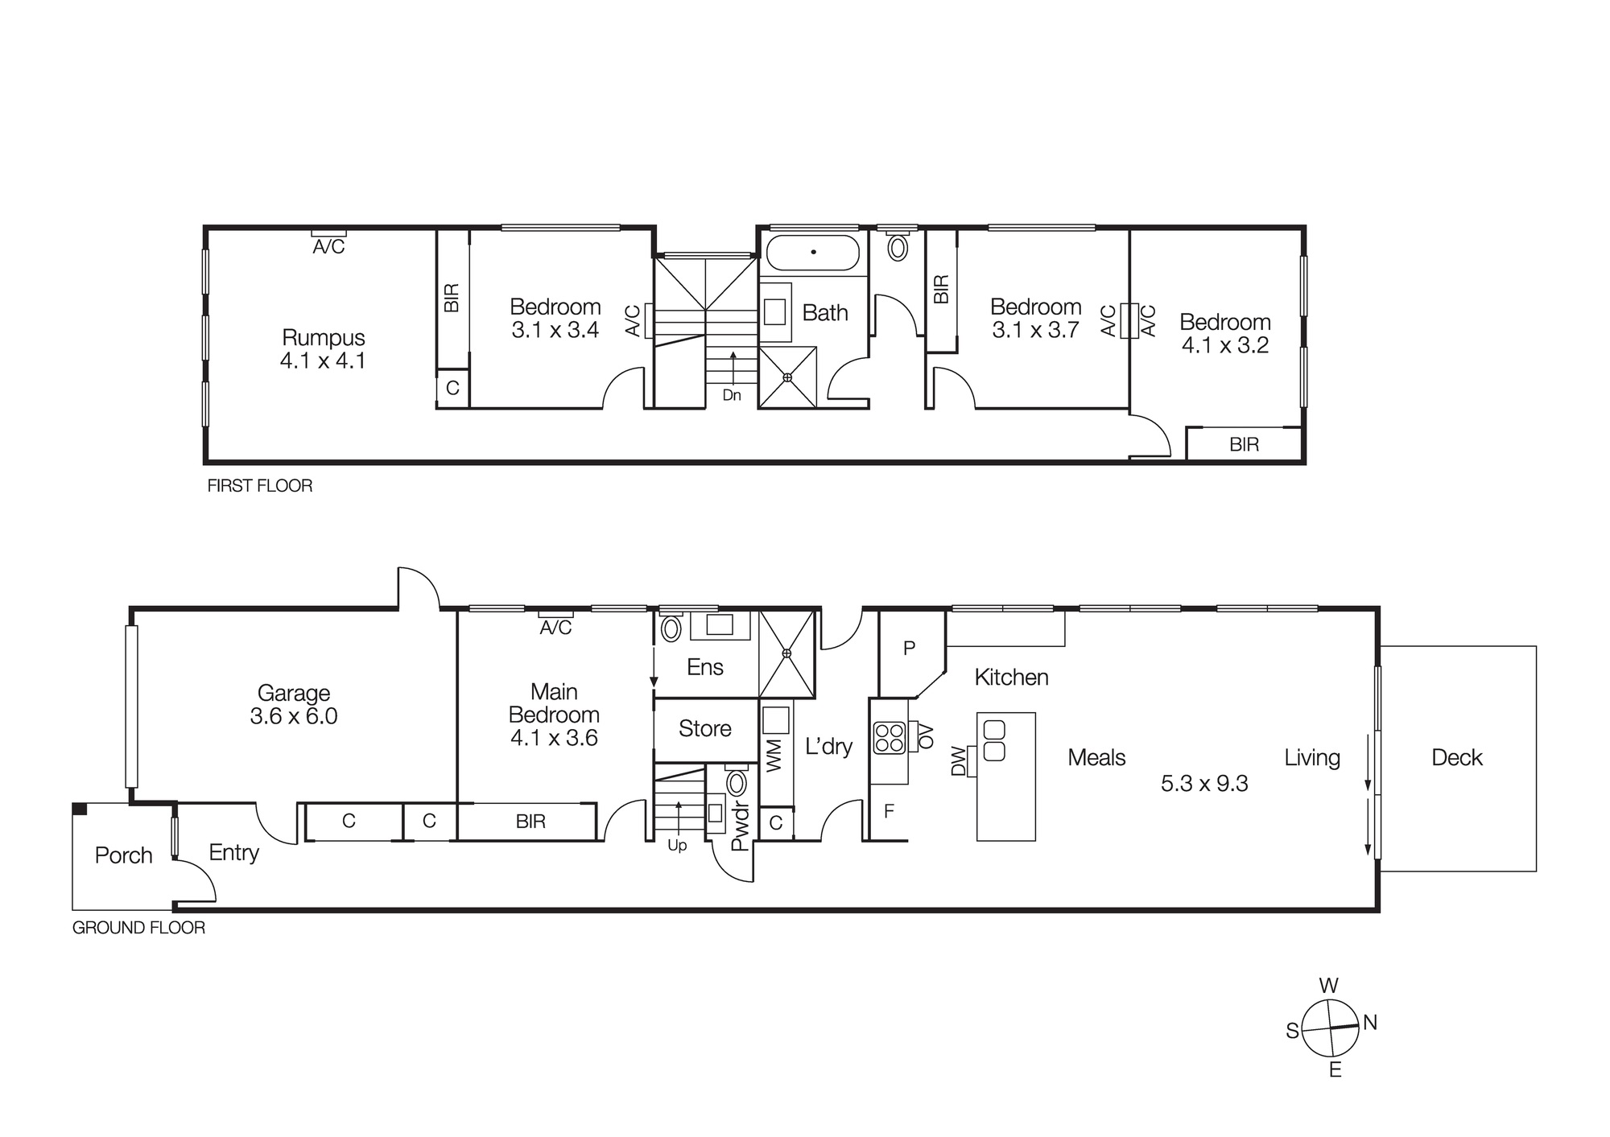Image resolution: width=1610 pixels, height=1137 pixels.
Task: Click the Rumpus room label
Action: point(323,337)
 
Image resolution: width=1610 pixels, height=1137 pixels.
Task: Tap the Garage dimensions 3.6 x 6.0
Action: point(294,716)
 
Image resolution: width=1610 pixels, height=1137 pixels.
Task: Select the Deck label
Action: point(1456,757)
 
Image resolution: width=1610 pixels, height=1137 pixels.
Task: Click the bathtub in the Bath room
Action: point(812,253)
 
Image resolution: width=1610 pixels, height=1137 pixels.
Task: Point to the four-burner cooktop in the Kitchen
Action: point(890,738)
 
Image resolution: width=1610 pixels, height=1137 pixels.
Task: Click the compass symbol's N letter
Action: point(1370,1023)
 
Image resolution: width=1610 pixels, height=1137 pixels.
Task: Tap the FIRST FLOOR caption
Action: point(260,486)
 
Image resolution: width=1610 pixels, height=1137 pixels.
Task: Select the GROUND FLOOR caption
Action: point(138,928)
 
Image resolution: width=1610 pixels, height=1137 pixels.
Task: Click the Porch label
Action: point(123,855)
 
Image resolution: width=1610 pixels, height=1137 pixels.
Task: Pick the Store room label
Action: point(704,729)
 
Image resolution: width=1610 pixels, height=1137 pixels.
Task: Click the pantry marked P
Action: point(909,649)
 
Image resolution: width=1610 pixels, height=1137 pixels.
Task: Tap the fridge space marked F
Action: point(889,811)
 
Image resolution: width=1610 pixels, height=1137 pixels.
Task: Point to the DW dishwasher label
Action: point(958,761)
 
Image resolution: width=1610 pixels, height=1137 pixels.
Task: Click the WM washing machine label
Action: point(774,757)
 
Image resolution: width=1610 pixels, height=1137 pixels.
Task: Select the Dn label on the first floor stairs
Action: point(731,395)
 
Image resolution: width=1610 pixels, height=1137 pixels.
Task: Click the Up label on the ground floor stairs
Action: point(677,846)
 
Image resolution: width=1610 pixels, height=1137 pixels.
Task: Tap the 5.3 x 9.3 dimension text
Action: point(1203,784)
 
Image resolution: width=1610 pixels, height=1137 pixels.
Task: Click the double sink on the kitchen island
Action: point(994,741)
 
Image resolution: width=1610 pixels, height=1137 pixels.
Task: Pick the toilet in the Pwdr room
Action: point(736,783)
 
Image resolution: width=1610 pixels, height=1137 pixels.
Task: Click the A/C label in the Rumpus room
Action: point(328,247)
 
